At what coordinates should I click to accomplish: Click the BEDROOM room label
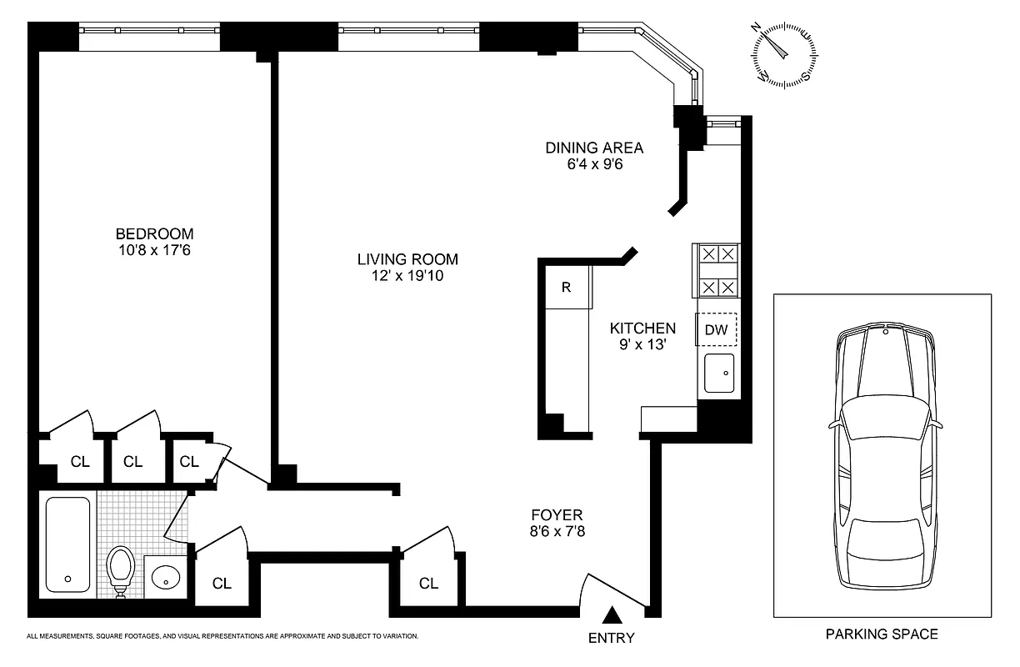[154, 233]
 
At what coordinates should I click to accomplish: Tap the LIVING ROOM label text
[407, 259]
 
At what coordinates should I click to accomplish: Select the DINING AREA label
[594, 148]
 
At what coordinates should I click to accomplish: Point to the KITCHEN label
[642, 328]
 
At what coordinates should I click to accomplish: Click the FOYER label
[557, 514]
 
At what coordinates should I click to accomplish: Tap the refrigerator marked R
[567, 288]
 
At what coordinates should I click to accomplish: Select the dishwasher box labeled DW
[716, 330]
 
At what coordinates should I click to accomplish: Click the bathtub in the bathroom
[67, 544]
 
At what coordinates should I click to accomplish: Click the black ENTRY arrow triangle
[612, 615]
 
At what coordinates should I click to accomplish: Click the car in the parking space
[883, 457]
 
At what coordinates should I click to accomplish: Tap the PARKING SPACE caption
[882, 634]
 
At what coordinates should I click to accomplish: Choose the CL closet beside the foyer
[428, 584]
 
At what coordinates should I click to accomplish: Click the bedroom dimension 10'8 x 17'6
[154, 249]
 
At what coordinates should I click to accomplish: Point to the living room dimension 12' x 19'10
[407, 275]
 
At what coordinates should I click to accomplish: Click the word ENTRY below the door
[612, 639]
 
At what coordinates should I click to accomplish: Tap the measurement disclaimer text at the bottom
[222, 636]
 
